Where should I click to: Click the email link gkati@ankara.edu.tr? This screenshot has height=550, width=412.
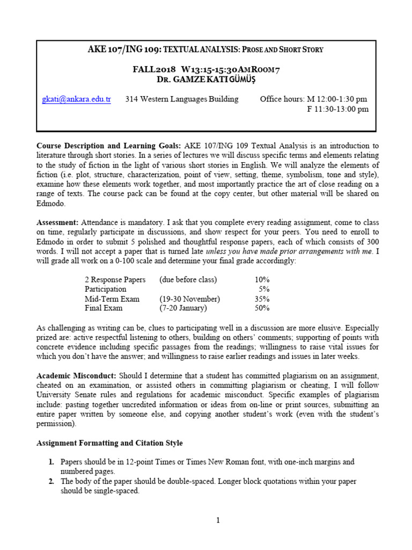pos(76,99)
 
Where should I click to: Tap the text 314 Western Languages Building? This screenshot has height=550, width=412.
pos(182,99)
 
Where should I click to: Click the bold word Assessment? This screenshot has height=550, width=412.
pos(57,222)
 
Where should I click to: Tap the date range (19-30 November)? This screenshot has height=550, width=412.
pos(189,299)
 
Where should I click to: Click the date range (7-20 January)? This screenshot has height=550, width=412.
pos(183,308)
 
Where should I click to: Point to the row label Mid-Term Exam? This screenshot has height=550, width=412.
pos(112,299)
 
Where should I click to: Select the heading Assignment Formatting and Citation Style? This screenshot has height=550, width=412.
pos(109,443)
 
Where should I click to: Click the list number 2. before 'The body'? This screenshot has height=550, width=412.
pos(51,481)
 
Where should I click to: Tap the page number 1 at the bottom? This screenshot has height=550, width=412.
pos(218,520)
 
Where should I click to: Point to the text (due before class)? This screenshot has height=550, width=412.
pos(188,280)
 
